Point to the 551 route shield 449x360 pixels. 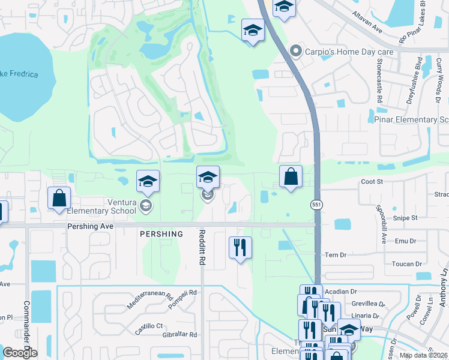pyautogui.click(x=316, y=205)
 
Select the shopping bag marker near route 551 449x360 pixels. pyautogui.click(x=291, y=176)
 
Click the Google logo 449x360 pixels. pyautogui.click(x=20, y=353)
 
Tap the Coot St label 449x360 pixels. pyautogui.click(x=372, y=182)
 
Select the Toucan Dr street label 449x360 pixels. pyautogui.click(x=402, y=264)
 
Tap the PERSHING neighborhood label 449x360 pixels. pyautogui.click(x=161, y=233)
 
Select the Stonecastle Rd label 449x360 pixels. pyautogui.click(x=380, y=78)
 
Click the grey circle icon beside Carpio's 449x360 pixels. pyautogui.click(x=295, y=52)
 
